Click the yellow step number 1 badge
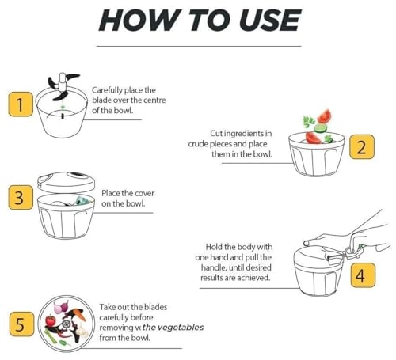coord(21,104)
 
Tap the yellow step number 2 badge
coord(362,146)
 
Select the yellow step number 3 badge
coord(21,197)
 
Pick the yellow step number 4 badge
coord(363,275)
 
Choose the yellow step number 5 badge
coord(21,324)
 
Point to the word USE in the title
coord(270,20)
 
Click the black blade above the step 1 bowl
coord(63,86)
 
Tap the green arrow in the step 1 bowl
coord(63,106)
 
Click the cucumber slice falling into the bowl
coord(321,128)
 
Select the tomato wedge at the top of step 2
coord(325,116)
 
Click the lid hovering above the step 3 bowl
coord(66,182)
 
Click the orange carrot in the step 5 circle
coord(79,314)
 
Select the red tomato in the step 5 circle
coord(50,320)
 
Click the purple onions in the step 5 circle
coord(61,306)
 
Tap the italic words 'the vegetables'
coord(173,328)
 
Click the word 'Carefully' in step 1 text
coord(107,90)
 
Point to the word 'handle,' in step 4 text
coord(214,267)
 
